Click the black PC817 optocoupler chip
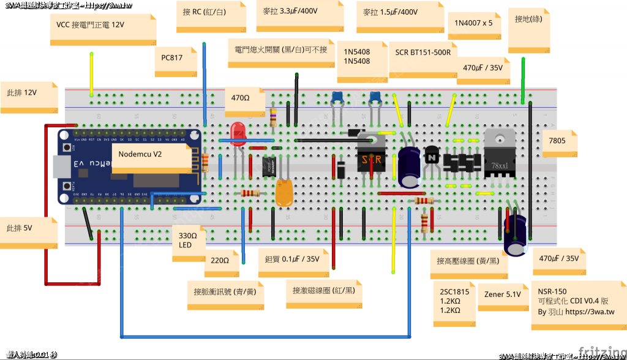tap(269, 167)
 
